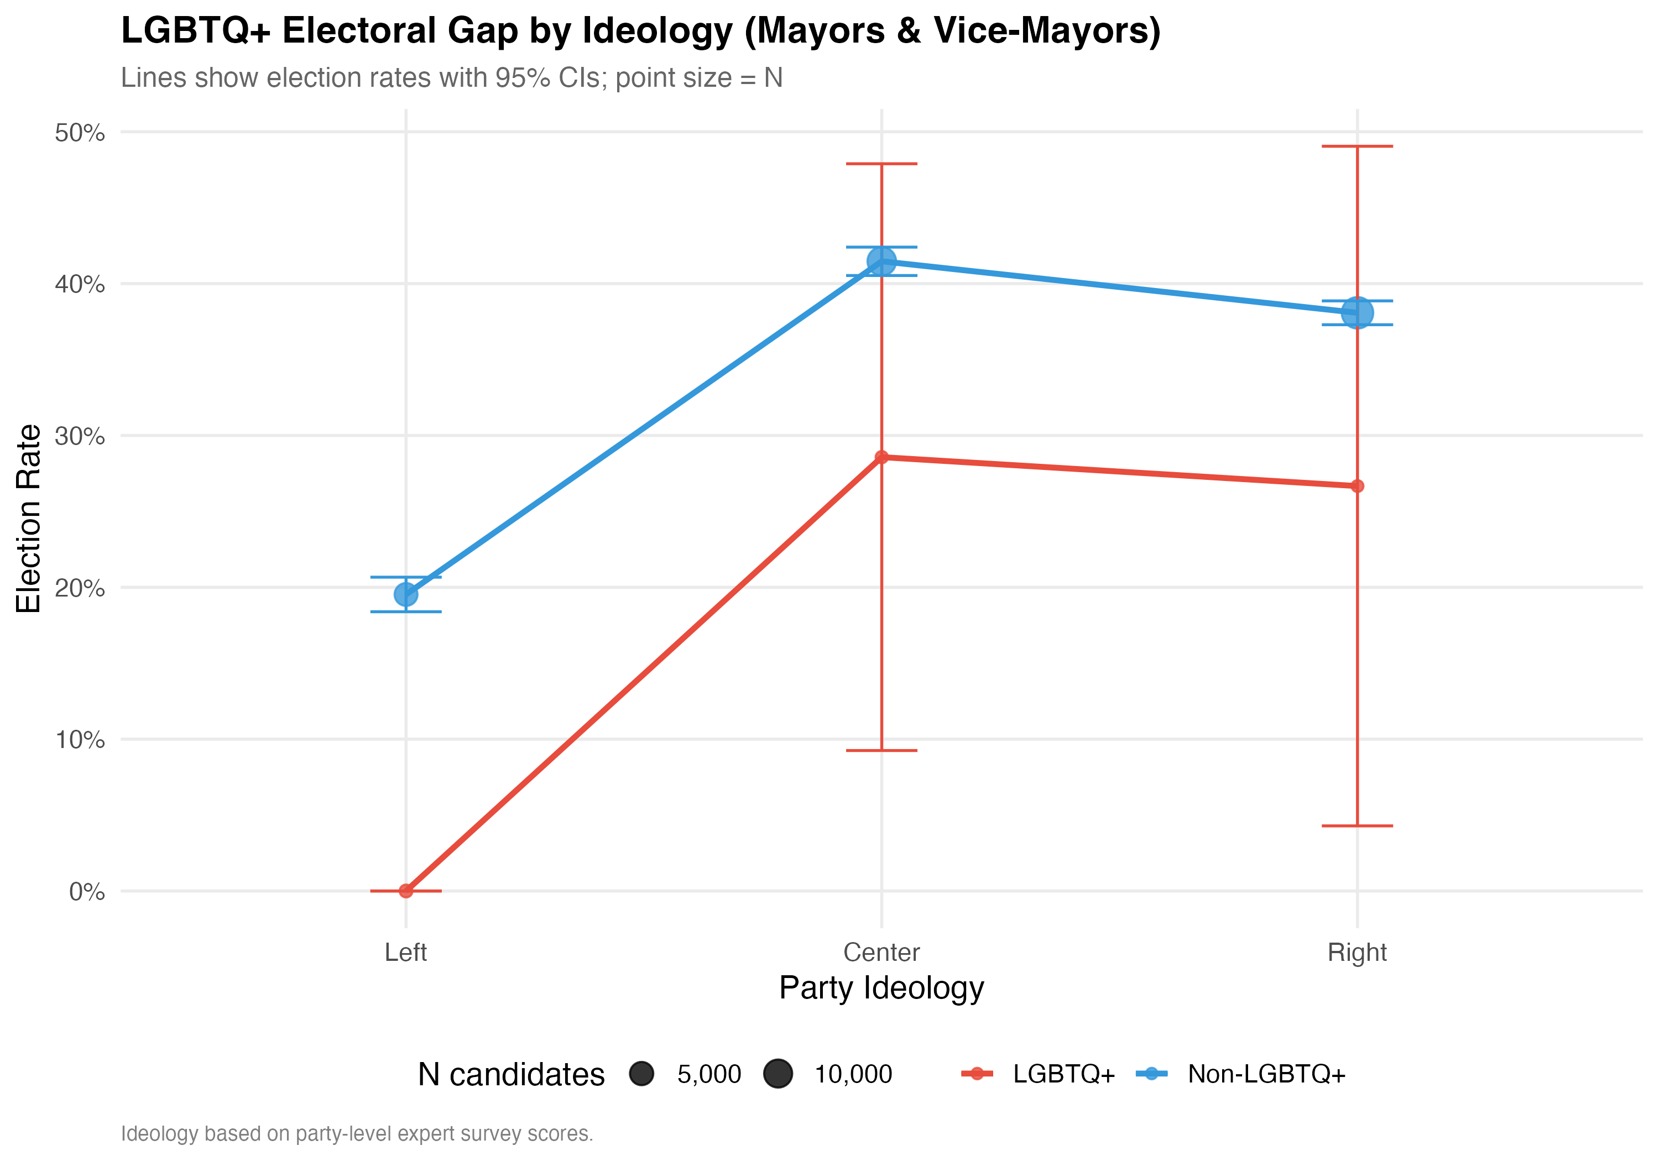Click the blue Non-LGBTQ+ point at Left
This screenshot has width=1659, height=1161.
point(406,594)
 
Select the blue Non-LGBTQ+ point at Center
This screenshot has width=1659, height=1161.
point(881,262)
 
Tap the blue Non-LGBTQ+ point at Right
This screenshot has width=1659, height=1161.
point(1357,313)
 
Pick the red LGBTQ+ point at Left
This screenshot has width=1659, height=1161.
point(406,891)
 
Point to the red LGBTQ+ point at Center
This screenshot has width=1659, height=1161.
point(881,457)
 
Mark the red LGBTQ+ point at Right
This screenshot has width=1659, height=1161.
point(1357,486)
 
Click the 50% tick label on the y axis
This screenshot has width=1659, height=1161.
point(80,133)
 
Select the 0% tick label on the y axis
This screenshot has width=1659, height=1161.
point(87,892)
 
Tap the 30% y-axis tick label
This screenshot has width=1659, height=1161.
point(80,436)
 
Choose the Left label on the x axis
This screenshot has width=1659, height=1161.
point(405,952)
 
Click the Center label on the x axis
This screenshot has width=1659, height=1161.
point(881,952)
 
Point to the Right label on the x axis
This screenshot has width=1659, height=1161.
point(1357,952)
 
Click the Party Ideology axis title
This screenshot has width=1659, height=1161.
point(881,987)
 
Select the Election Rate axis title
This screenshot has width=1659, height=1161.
point(29,519)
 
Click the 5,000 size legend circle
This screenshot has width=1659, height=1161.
point(641,1074)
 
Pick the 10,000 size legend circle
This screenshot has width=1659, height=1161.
point(778,1074)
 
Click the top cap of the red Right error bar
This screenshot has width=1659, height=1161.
point(1357,147)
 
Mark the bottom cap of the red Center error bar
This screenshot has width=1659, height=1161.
point(881,751)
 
